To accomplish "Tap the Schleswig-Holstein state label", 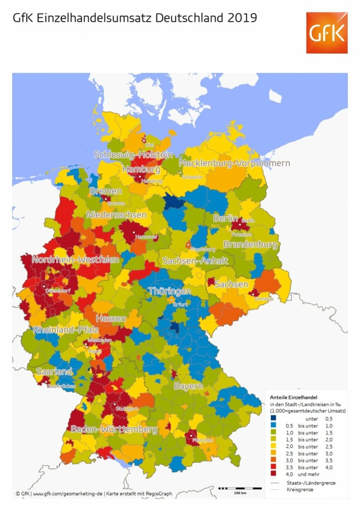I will pos(133,155).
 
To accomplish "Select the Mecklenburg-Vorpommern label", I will pos(235,163).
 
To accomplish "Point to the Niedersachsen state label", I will pos(116,215).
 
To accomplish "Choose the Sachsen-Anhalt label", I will pos(195,261).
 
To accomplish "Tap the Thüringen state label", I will pos(170,291).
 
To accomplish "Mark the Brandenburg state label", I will pos(250,245).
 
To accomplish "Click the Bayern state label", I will pos(187,386).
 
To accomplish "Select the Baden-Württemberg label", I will pos(114,429).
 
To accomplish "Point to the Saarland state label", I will pos(54,371).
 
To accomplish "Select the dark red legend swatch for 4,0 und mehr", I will pos(273,473).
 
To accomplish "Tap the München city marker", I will pos(193,436).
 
